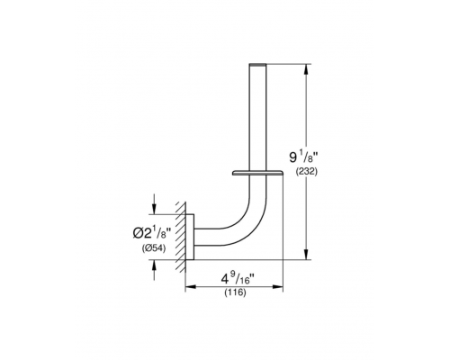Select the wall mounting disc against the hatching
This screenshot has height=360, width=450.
click(192, 236)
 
